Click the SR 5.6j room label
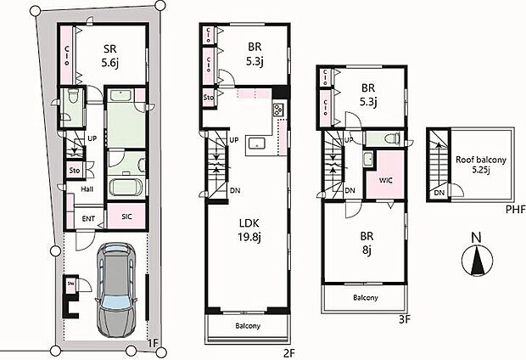[109, 55]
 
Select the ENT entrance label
[88, 219]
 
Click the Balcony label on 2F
[247, 327]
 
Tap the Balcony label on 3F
[365, 297]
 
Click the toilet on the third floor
[391, 138]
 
